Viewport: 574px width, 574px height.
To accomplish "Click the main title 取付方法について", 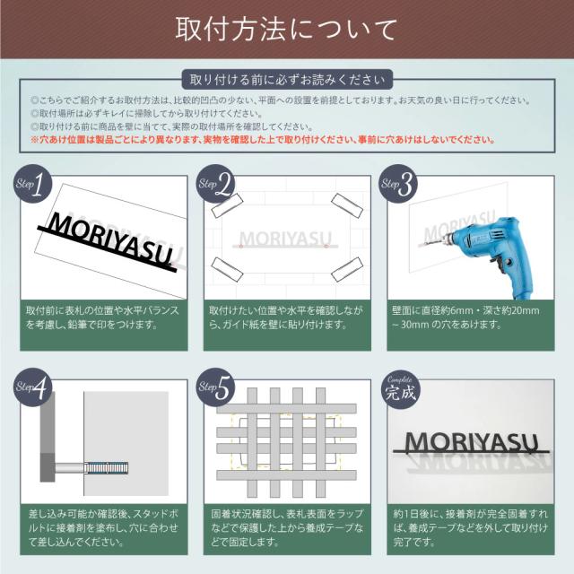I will coord(286,29).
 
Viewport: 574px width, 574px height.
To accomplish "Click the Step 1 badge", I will coord(29,186).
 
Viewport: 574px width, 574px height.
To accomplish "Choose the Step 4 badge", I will coord(29,387).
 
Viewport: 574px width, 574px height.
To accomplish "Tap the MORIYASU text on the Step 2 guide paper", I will coord(285,239).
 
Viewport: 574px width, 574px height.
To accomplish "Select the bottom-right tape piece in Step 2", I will coord(344,269).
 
